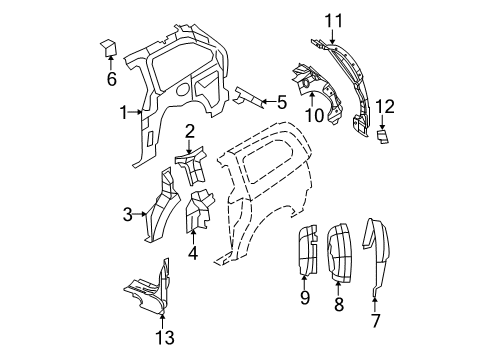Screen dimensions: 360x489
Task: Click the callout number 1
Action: pyautogui.click(x=123, y=113)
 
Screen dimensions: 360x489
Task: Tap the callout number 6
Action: pyautogui.click(x=111, y=78)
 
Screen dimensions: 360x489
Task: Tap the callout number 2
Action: pyautogui.click(x=188, y=132)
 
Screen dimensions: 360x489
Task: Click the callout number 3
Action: pyautogui.click(x=128, y=212)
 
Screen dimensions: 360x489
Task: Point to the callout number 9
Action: pyautogui.click(x=306, y=297)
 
